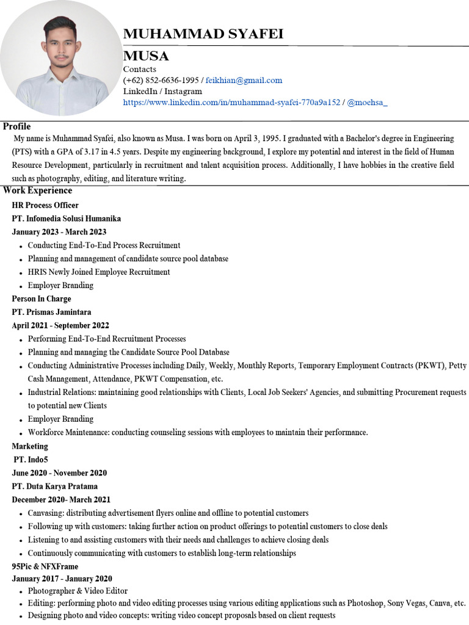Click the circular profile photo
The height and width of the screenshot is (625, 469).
[x=60, y=59]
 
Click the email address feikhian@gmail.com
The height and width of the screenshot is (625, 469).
[x=244, y=80]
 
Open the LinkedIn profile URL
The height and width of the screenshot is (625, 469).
[x=231, y=103]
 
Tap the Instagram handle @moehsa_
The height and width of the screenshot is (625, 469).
[x=367, y=103]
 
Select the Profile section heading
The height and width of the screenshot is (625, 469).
[x=16, y=126]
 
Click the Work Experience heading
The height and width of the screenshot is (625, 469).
[x=37, y=190]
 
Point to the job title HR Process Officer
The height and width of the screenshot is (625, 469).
[x=45, y=205]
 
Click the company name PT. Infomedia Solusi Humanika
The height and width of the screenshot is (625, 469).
[x=66, y=219]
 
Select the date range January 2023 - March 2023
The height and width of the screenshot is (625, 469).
[x=59, y=232]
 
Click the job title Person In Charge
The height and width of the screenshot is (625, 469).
[x=42, y=298]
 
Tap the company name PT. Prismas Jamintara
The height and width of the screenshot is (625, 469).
[x=51, y=312]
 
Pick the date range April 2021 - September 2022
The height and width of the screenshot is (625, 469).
[x=60, y=325]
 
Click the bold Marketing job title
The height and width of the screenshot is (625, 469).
[x=30, y=446]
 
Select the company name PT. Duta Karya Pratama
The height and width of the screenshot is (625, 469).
[x=54, y=486]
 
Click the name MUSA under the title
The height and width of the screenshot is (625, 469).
[x=146, y=56]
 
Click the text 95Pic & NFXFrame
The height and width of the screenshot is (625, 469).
[x=45, y=566]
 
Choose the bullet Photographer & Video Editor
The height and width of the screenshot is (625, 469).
[x=78, y=591]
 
